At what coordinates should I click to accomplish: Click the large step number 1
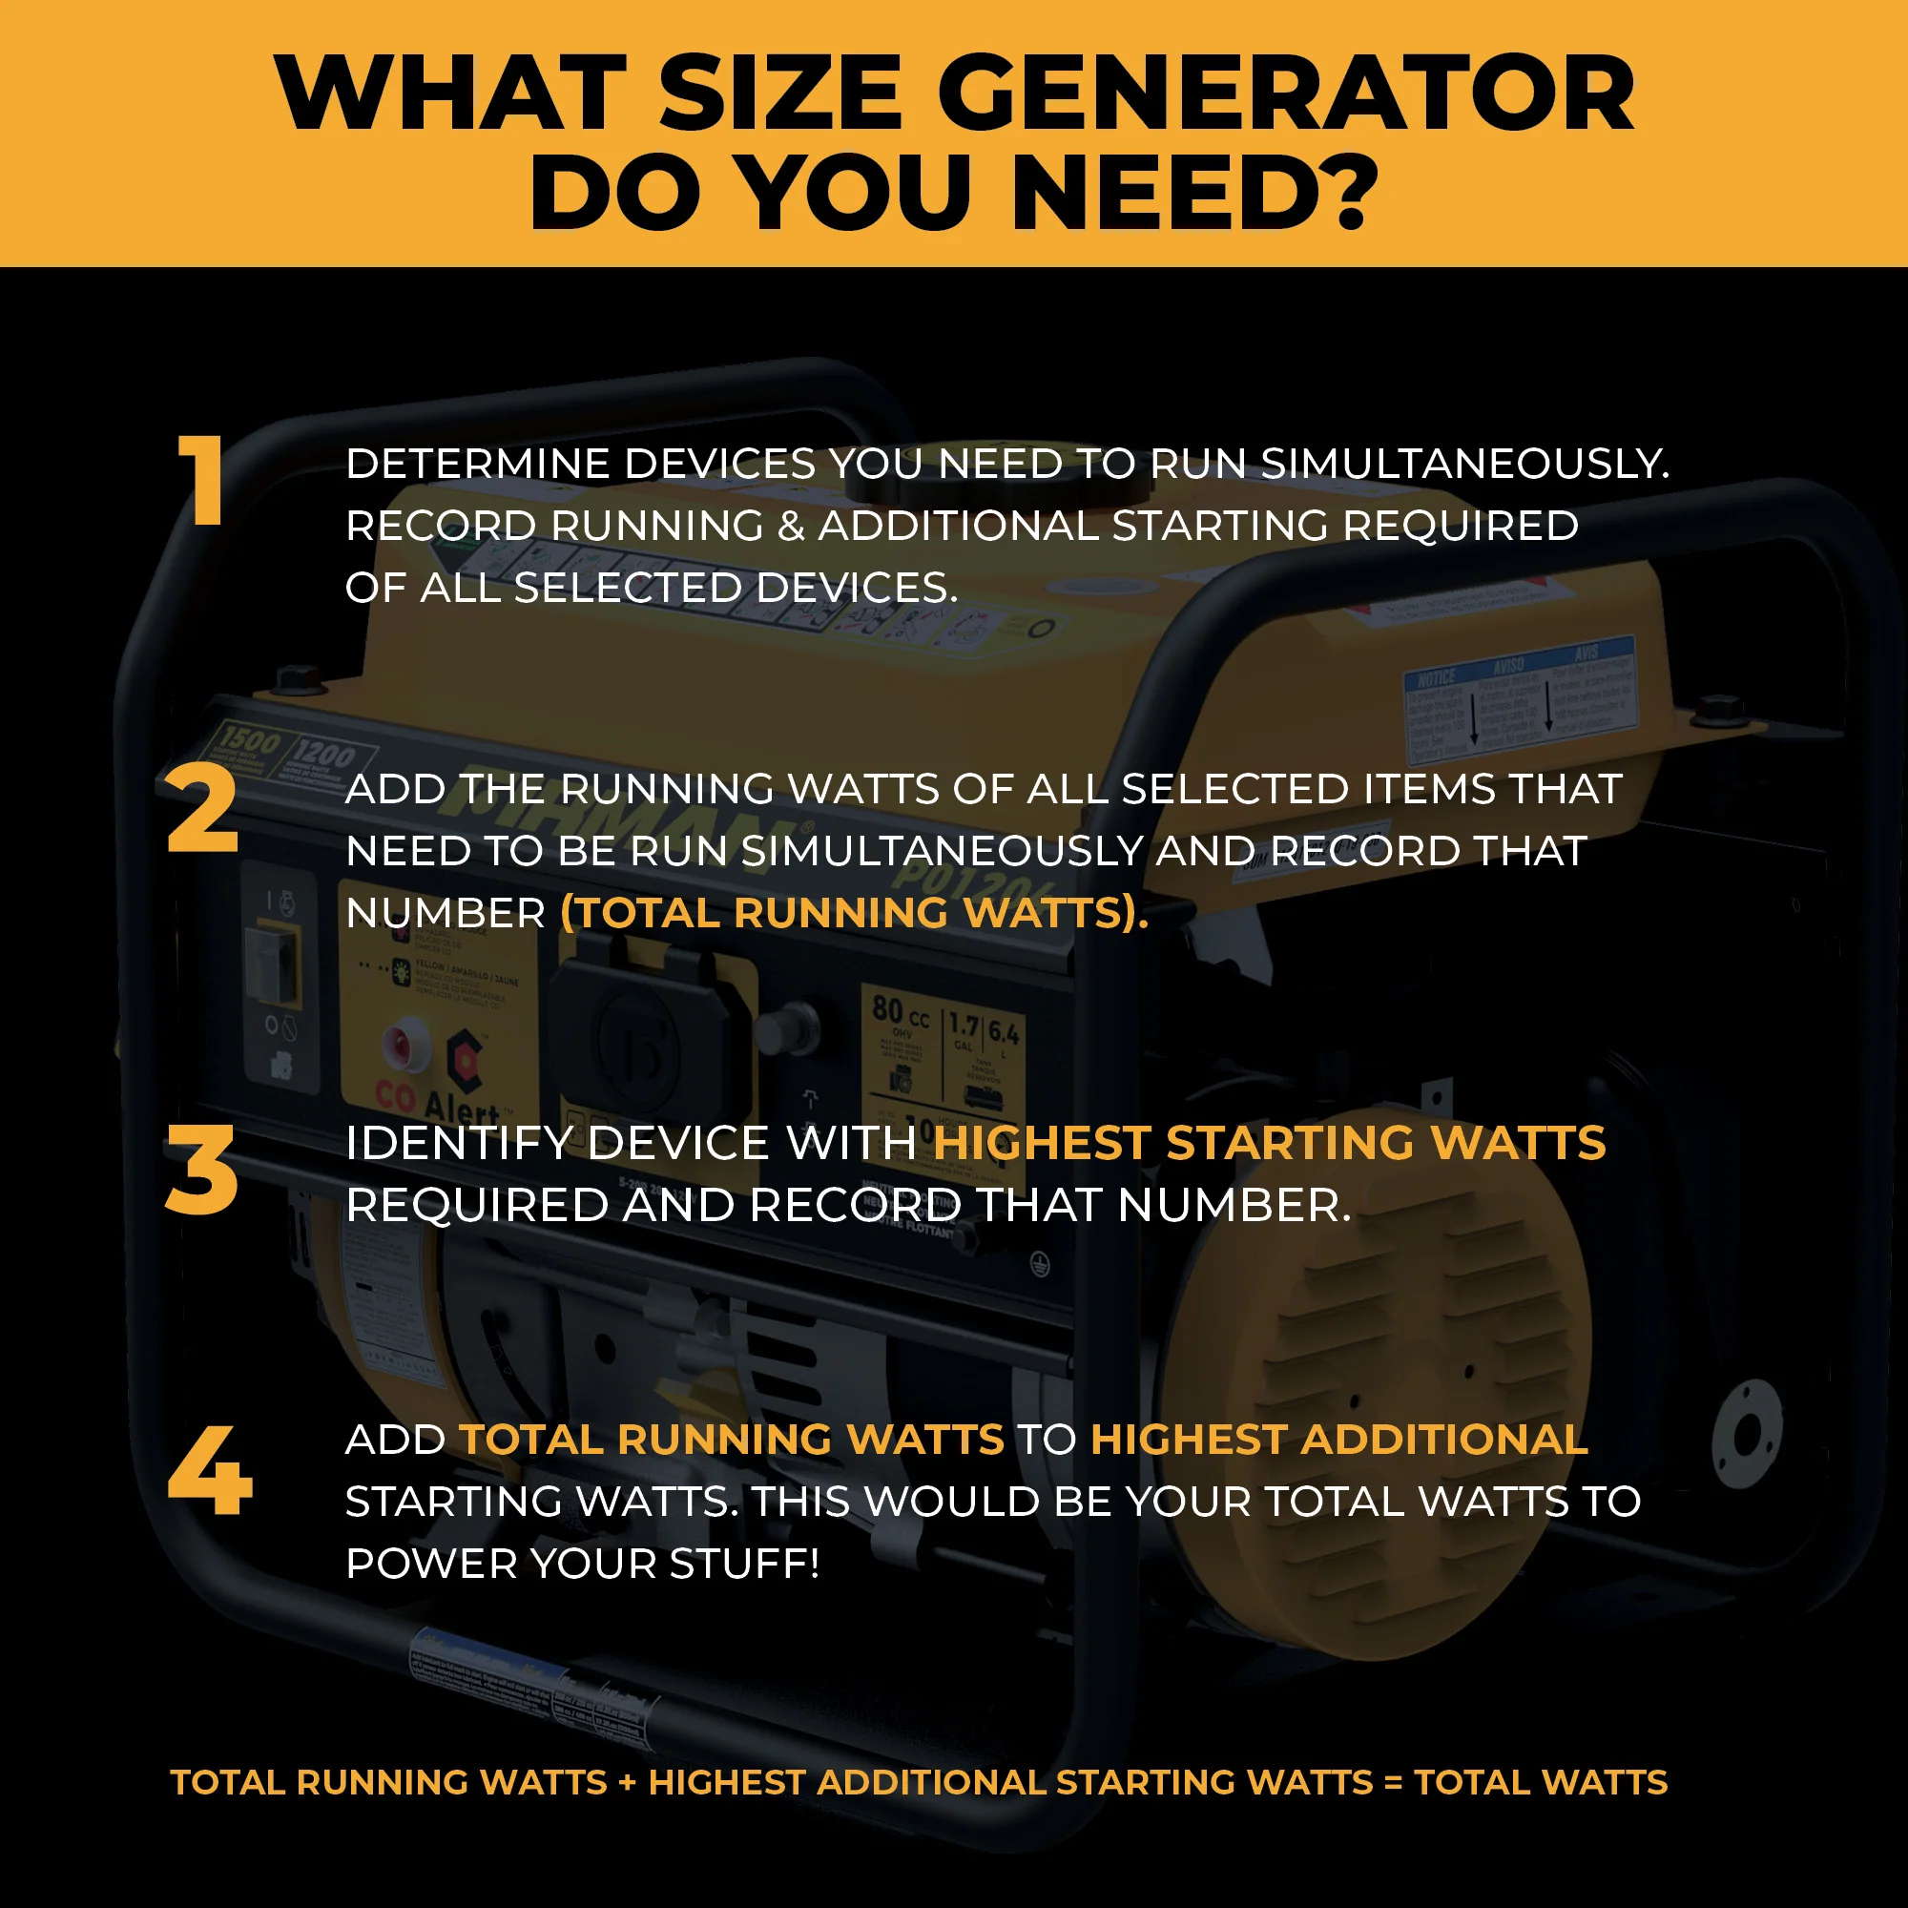[x=201, y=480]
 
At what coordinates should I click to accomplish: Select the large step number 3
[x=201, y=1171]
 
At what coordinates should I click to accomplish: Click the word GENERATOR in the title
[x=1285, y=93]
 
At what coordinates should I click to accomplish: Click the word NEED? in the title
[x=1196, y=193]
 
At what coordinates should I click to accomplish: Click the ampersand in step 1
[x=791, y=527]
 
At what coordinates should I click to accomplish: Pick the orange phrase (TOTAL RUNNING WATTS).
[x=854, y=913]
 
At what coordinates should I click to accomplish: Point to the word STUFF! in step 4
[x=745, y=1564]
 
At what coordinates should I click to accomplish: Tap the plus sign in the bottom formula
[x=627, y=1783]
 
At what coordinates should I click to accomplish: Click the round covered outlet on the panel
[x=642, y=1047]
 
